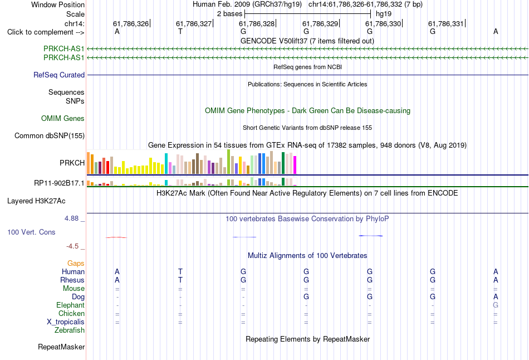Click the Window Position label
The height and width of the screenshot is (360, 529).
pos(58,4)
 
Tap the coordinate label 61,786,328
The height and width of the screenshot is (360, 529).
pos(257,23)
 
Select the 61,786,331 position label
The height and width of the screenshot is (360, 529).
pos(446,23)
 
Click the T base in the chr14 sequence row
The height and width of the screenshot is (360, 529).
pos(180,31)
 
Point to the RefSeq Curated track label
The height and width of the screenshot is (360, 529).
pos(59,75)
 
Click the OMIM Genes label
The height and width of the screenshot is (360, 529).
pos(63,119)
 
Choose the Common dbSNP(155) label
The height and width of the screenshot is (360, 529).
pos(50,136)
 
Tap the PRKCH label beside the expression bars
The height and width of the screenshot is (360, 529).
pos(72,163)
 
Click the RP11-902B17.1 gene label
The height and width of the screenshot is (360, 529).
pos(59,183)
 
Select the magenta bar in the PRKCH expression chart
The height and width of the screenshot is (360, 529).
pos(295,165)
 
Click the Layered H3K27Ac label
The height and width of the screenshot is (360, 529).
pos(36,201)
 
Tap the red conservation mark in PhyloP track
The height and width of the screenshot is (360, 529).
pos(116,237)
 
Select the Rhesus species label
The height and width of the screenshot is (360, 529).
pos(72,280)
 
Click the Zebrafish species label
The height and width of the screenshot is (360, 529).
pos(70,330)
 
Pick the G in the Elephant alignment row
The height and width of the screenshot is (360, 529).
pos(496,305)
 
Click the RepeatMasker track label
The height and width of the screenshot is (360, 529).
pos(61,347)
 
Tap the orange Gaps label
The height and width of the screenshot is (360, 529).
pos(76,263)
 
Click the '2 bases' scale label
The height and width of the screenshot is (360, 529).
pos(229,14)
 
